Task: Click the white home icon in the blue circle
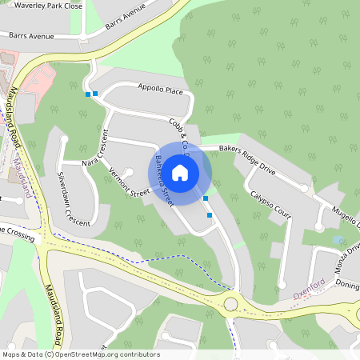click(180, 172)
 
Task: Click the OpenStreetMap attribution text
click(80, 354)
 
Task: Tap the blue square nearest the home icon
click(206, 198)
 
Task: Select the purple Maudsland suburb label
click(24, 178)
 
